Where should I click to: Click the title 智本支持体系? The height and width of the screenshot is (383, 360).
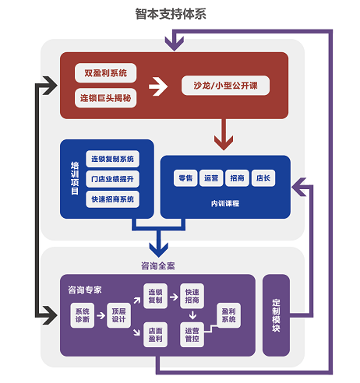[171, 14]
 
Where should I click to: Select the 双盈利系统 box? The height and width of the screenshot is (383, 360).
[105, 73]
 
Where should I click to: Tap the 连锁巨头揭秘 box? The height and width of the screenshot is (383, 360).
[105, 98]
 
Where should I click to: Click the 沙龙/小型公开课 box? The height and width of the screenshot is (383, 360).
[225, 86]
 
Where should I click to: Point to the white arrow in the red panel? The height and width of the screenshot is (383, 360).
[158, 86]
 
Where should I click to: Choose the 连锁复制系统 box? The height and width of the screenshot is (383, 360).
[112, 159]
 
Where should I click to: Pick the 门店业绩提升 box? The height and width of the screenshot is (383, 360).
[112, 179]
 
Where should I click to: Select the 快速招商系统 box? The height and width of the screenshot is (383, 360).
[112, 199]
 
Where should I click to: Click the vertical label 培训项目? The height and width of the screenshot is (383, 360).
[75, 178]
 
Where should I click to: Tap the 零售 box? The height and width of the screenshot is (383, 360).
[185, 178]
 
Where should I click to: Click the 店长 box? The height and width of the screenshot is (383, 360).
[263, 178]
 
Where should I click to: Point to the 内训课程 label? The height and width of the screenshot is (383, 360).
[225, 203]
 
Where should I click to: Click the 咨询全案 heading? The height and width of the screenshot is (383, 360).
[158, 265]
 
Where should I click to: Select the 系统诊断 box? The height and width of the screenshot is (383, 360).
[82, 315]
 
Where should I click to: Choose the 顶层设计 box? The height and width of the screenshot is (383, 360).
[118, 315]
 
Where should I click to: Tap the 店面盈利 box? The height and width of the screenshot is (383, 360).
[155, 335]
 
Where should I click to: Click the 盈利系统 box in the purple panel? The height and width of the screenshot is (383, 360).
[228, 315]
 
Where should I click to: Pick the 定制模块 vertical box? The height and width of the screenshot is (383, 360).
[276, 315]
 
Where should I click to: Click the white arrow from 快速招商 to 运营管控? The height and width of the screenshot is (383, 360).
[192, 315]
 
